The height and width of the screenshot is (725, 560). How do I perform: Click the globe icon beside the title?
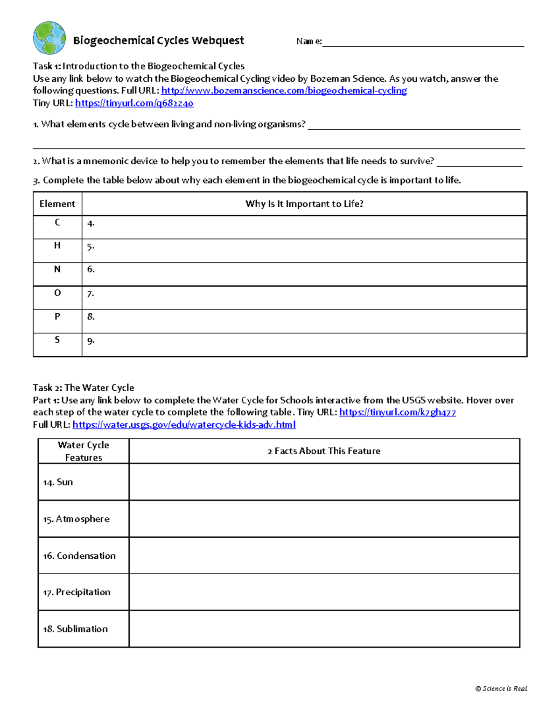point(49,38)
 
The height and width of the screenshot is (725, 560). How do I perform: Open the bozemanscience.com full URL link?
point(284,91)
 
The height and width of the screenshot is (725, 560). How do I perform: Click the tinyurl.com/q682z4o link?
point(134,103)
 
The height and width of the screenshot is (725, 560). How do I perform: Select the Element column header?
point(57,204)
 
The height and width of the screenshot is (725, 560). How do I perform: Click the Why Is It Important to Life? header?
point(304,204)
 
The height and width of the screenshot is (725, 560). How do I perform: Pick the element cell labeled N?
point(57,269)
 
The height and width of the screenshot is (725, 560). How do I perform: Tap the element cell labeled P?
point(57,317)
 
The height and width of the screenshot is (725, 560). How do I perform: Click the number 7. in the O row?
point(91,294)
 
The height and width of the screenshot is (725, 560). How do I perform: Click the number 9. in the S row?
point(91,341)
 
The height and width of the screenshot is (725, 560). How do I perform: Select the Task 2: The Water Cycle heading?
point(84,387)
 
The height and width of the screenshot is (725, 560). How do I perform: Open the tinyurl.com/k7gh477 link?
point(397,412)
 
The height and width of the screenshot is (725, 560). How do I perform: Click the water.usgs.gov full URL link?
point(184,425)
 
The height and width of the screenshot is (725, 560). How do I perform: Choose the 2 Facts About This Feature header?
point(324,451)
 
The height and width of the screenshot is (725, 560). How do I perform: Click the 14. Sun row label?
point(58,482)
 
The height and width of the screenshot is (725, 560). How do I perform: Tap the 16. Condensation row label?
point(79,556)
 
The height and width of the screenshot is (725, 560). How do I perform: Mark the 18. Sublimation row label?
point(75,629)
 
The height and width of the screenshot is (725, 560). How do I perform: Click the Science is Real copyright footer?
point(501,689)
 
